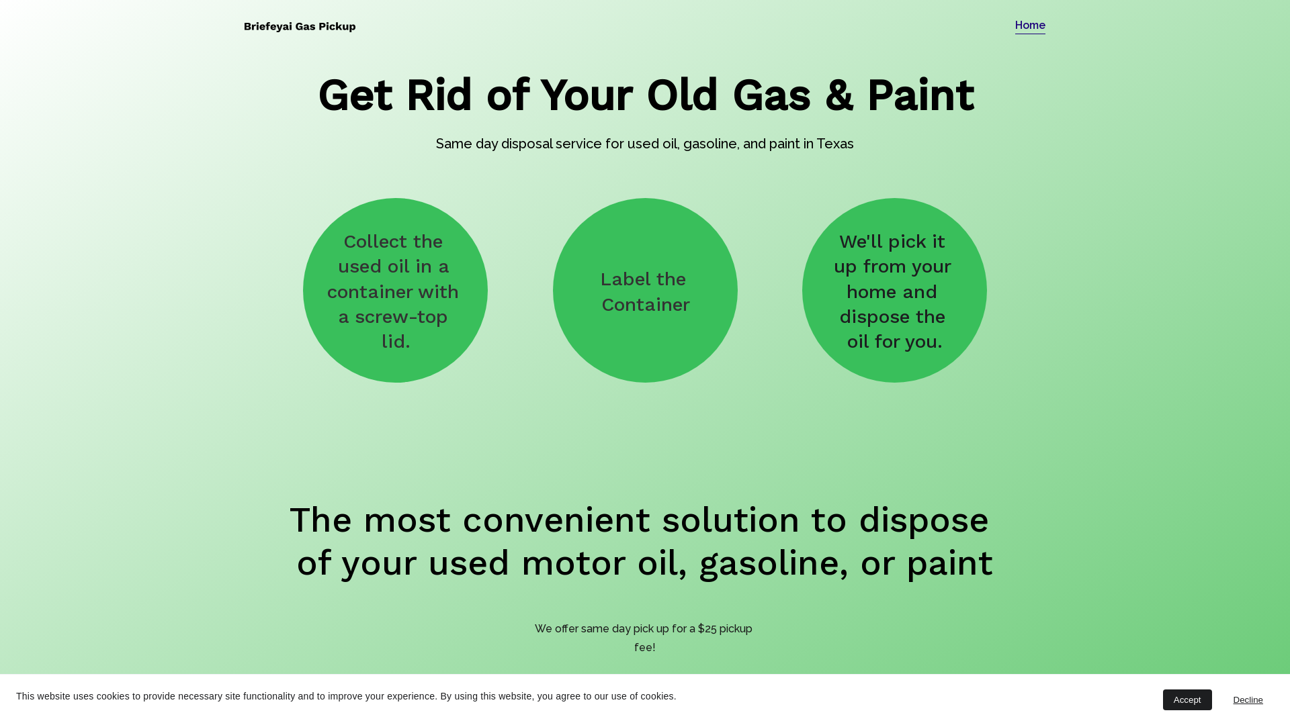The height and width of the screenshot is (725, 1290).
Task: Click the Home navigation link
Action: pos(1030,26)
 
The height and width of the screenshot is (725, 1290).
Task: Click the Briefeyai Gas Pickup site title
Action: pos(300,27)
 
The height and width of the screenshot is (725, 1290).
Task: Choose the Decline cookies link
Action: pos(1248,700)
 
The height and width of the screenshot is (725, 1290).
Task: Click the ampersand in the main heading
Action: pos(838,95)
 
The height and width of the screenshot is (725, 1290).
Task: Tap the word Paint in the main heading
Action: pos(920,95)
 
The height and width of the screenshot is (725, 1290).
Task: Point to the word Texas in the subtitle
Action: pos(835,144)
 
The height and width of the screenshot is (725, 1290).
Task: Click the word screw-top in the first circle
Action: pos(401,317)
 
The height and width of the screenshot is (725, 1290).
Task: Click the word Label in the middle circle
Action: pos(625,279)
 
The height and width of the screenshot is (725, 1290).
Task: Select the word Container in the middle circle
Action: pos(646,305)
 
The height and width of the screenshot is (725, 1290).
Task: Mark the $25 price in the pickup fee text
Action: pos(707,629)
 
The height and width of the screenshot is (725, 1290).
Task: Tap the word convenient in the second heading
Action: pos(556,520)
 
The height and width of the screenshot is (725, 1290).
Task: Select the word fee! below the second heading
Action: pos(645,648)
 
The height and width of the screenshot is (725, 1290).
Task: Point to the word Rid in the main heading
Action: pos(439,95)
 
